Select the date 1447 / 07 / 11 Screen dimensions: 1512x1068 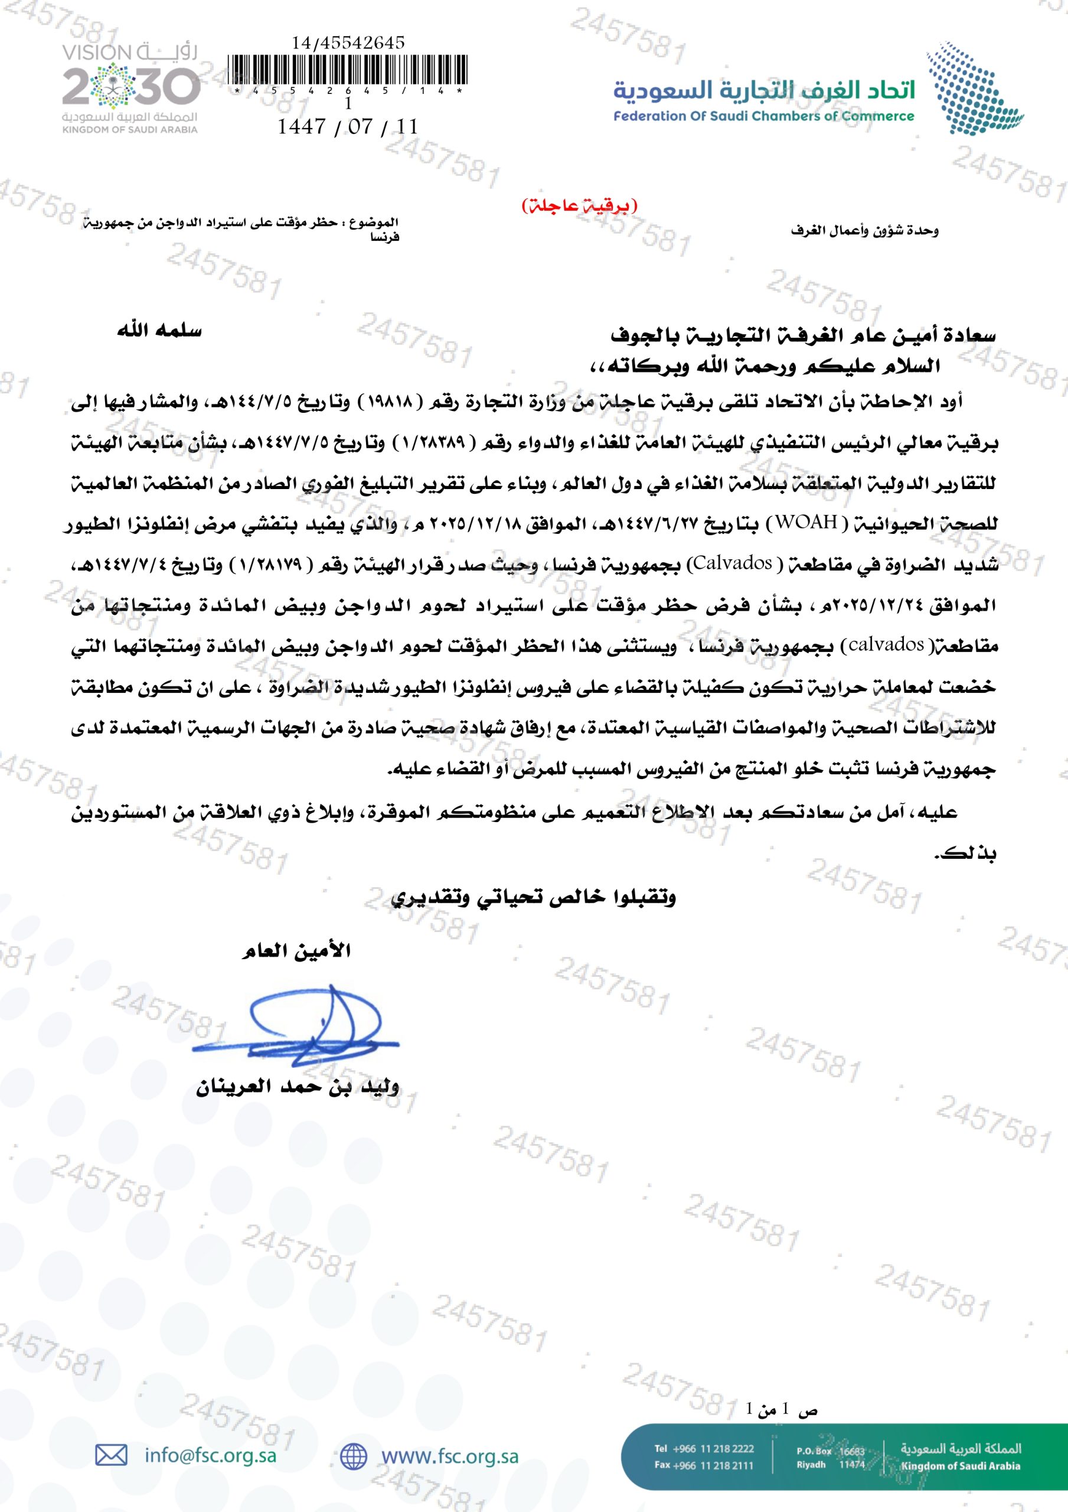[348, 126]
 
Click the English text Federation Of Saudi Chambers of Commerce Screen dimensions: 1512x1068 [763, 116]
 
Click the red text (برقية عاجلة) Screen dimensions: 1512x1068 [579, 206]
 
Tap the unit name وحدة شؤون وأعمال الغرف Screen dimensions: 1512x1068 [864, 230]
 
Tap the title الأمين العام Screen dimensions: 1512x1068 [296, 950]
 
